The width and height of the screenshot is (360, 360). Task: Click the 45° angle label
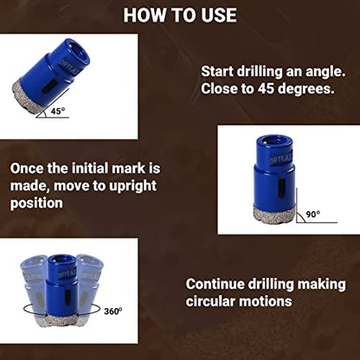(x=58, y=111)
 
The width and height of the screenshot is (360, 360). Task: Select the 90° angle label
(x=313, y=215)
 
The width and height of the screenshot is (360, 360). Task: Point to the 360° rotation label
(x=112, y=312)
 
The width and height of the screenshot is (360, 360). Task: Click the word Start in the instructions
(x=217, y=71)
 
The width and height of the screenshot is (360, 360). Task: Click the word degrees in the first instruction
(x=305, y=90)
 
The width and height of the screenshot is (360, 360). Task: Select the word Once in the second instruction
(x=27, y=169)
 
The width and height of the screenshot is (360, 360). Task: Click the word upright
(x=132, y=187)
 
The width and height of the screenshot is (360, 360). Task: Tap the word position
(x=36, y=203)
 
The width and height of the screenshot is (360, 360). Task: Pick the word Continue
(x=215, y=284)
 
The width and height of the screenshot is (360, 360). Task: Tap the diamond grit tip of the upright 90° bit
(x=274, y=214)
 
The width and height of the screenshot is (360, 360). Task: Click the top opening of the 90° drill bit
(x=275, y=141)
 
